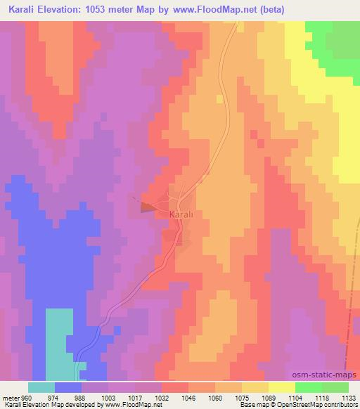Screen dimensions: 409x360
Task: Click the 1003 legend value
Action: pos(109,396)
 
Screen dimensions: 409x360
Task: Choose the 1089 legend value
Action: pos(268,396)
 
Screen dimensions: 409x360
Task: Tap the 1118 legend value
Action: pos(321,396)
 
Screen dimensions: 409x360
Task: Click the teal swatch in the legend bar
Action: pos(41,387)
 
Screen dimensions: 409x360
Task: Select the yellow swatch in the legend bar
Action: pos(281,387)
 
